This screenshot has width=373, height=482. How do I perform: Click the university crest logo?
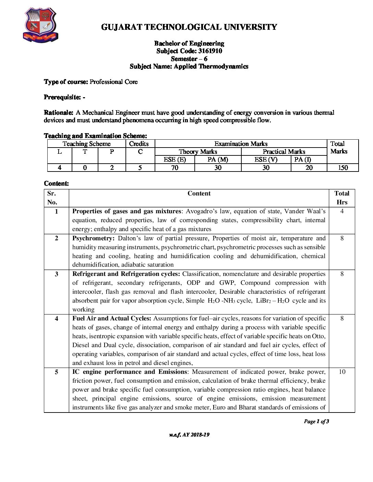[x=40, y=26]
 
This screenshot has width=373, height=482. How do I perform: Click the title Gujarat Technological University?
[x=189, y=27]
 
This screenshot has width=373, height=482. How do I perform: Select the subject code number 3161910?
[x=210, y=51]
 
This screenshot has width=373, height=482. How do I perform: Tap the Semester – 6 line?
[x=189, y=59]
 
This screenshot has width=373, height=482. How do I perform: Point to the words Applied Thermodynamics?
[x=211, y=66]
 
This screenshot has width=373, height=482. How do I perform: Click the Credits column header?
[x=139, y=144]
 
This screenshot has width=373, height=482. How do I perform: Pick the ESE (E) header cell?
[x=175, y=160]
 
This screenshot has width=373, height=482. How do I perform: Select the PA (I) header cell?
[x=302, y=160]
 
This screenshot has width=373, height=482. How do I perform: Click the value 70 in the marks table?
[x=175, y=168]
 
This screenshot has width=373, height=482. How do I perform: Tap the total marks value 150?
[x=342, y=168]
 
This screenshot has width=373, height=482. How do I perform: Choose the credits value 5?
[x=140, y=168]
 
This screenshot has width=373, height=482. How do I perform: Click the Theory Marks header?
[x=198, y=152]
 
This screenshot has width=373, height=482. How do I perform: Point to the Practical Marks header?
[x=284, y=152]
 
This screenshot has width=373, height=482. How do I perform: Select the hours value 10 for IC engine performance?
[x=342, y=372]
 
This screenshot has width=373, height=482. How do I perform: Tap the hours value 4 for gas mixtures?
[x=342, y=211]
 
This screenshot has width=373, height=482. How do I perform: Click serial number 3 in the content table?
[x=57, y=274]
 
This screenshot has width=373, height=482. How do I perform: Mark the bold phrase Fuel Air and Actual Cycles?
[x=112, y=318]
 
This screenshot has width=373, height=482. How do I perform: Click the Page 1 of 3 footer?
[x=316, y=421]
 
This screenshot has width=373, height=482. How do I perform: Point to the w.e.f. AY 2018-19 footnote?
[x=189, y=435]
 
